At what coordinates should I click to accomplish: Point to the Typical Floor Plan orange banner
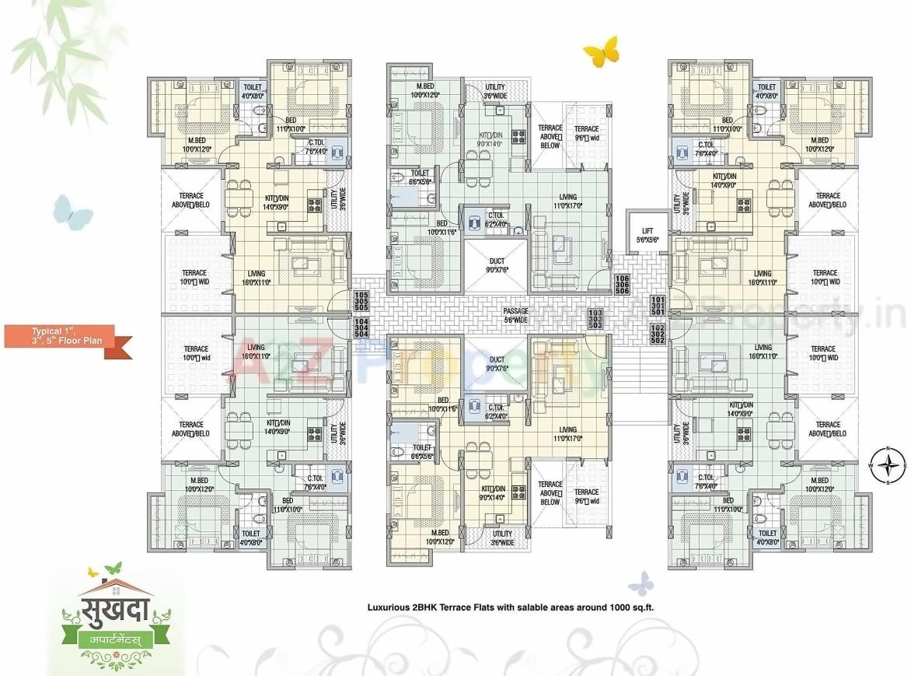[68, 335]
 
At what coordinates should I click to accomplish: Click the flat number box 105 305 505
[361, 301]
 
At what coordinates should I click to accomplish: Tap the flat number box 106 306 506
[621, 285]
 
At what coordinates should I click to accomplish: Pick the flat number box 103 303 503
[595, 318]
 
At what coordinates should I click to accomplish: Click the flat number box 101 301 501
[658, 306]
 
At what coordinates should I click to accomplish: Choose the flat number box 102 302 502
[658, 334]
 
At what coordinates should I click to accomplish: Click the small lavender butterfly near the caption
[641, 583]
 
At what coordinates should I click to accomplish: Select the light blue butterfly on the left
[72, 212]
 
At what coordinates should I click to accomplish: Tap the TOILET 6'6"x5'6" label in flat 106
[421, 177]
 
